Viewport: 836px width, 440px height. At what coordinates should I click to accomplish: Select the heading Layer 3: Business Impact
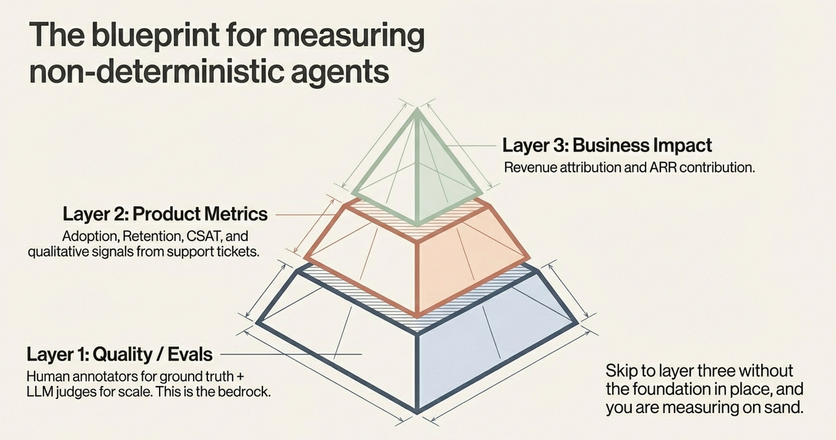pyautogui.click(x=607, y=145)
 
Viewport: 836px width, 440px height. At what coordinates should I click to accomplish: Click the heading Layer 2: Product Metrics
pyautogui.click(x=165, y=214)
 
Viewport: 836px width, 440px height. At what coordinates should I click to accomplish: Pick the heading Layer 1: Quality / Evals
pyautogui.click(x=119, y=354)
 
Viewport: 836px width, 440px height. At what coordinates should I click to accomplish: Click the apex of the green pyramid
pyautogui.click(x=417, y=110)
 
